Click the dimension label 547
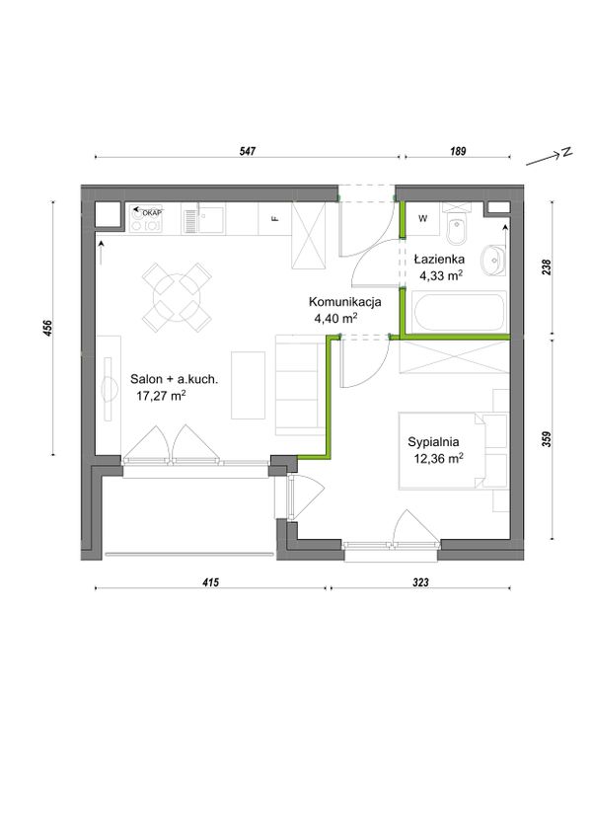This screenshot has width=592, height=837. pos(248,151)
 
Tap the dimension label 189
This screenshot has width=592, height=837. pos(458,151)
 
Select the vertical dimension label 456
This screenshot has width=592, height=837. pos(47,328)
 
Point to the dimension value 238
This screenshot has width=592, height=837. pos(546,266)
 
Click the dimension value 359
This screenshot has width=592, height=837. pos(546,438)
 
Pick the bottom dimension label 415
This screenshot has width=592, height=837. pos(211,582)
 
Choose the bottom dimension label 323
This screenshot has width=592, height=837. pos(420,582)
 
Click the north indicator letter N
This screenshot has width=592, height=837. pos(565,152)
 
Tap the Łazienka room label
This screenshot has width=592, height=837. pos(439,260)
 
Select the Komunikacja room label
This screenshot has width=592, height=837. pos(345,302)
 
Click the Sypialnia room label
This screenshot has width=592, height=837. pos(433,442)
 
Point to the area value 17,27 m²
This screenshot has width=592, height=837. pos(161,396)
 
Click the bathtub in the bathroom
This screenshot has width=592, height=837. pos(459,312)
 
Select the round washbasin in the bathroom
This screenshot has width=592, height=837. pos(492,261)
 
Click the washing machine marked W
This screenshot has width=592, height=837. pos(422,219)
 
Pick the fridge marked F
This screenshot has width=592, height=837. pos(275,218)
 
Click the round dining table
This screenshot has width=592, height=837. pos(177,296)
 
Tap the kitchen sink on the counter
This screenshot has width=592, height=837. pos(204,219)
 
